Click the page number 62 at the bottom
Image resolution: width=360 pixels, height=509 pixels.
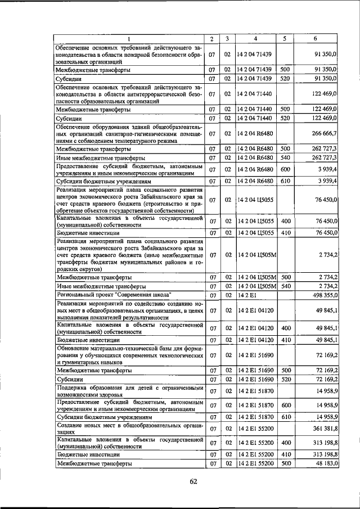(x=193, y=481)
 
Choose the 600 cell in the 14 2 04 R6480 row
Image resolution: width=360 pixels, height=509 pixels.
(x=285, y=169)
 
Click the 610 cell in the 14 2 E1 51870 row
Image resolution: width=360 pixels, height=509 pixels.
(x=285, y=417)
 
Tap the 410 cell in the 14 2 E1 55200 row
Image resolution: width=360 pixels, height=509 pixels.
(x=285, y=453)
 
